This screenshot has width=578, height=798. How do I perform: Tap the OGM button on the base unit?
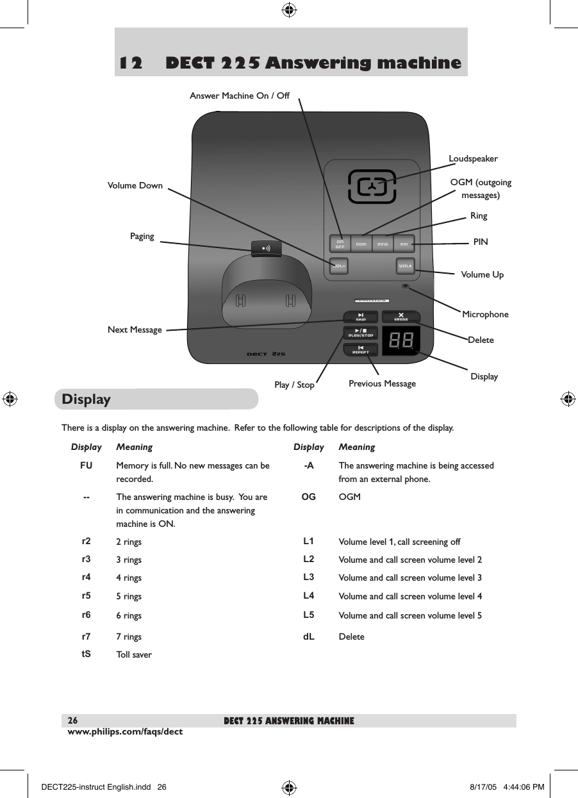point(361,244)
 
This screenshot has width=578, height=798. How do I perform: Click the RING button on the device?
point(383,244)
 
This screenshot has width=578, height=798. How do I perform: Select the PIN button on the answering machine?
point(404,244)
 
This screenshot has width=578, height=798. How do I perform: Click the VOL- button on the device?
point(339,265)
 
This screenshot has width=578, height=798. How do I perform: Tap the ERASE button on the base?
point(401,317)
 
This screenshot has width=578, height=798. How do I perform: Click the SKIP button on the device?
point(361,317)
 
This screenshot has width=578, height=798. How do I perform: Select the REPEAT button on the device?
point(361,349)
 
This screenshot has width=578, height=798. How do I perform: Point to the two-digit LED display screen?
point(401,342)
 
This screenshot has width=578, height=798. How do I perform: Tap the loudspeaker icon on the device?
point(372,187)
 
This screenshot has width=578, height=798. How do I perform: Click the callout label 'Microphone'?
point(485,314)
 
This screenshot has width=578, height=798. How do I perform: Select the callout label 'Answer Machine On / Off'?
point(240,96)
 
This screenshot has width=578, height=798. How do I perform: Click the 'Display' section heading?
point(87,399)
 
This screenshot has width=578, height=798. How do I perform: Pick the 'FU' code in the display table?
point(86,466)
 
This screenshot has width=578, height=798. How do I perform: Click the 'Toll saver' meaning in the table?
point(134,655)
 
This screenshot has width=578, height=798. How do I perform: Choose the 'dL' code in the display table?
point(308,636)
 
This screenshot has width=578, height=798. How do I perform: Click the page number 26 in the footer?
point(73,721)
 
